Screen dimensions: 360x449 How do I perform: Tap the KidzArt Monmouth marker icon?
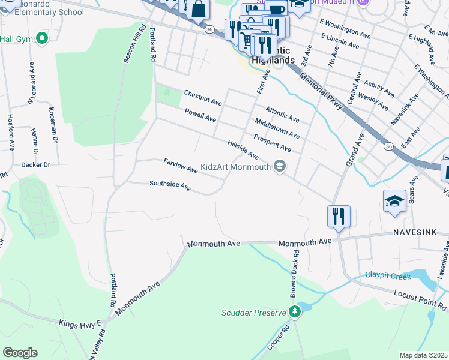pyautogui.click(x=279, y=166)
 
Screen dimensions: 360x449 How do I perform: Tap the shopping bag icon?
pyautogui.click(x=199, y=10)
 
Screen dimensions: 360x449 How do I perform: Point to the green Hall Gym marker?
pyautogui.click(x=41, y=39)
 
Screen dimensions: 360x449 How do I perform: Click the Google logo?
pyautogui.click(x=20, y=353)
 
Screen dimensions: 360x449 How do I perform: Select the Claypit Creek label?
pyautogui.click(x=388, y=277)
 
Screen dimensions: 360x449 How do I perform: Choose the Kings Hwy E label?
pyautogui.click(x=80, y=323)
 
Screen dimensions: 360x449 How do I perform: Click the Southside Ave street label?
pyautogui.click(x=170, y=187)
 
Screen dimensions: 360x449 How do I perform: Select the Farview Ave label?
pyautogui.click(x=181, y=166)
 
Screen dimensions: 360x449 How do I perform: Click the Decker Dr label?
pyautogui.click(x=35, y=164)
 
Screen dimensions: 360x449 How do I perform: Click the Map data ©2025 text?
pyautogui.click(x=423, y=355)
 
